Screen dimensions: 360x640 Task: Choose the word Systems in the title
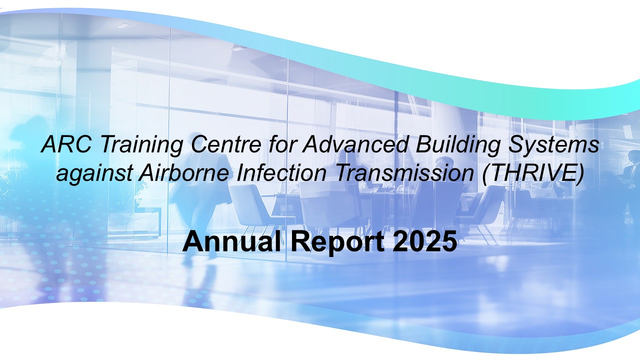pyautogui.click(x=555, y=145)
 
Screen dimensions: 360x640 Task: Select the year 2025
pyautogui.click(x=424, y=242)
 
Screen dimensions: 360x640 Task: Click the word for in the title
pyautogui.click(x=283, y=145)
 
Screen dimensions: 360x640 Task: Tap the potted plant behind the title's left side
pyautogui.click(x=120, y=200)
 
